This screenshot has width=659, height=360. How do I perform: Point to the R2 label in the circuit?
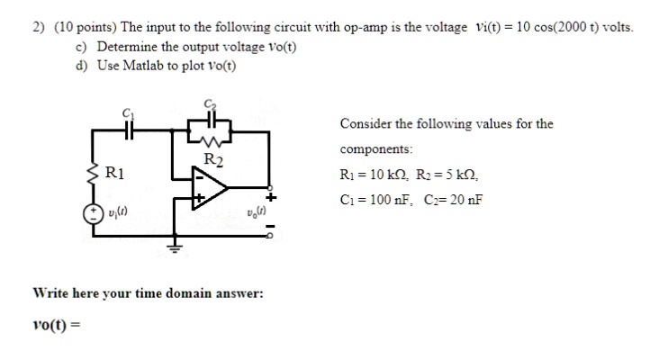212,160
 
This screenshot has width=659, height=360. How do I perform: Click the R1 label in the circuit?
115,171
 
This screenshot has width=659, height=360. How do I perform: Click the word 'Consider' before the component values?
365,123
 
